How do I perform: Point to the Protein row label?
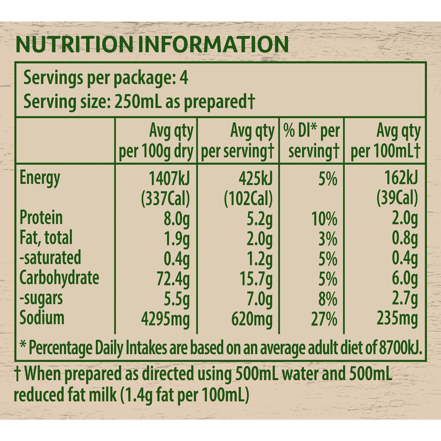click(x=41, y=218)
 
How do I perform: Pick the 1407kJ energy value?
click(x=169, y=178)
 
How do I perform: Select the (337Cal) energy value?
click(x=166, y=198)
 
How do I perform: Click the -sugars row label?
click(x=41, y=298)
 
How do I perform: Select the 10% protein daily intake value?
click(x=324, y=219)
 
